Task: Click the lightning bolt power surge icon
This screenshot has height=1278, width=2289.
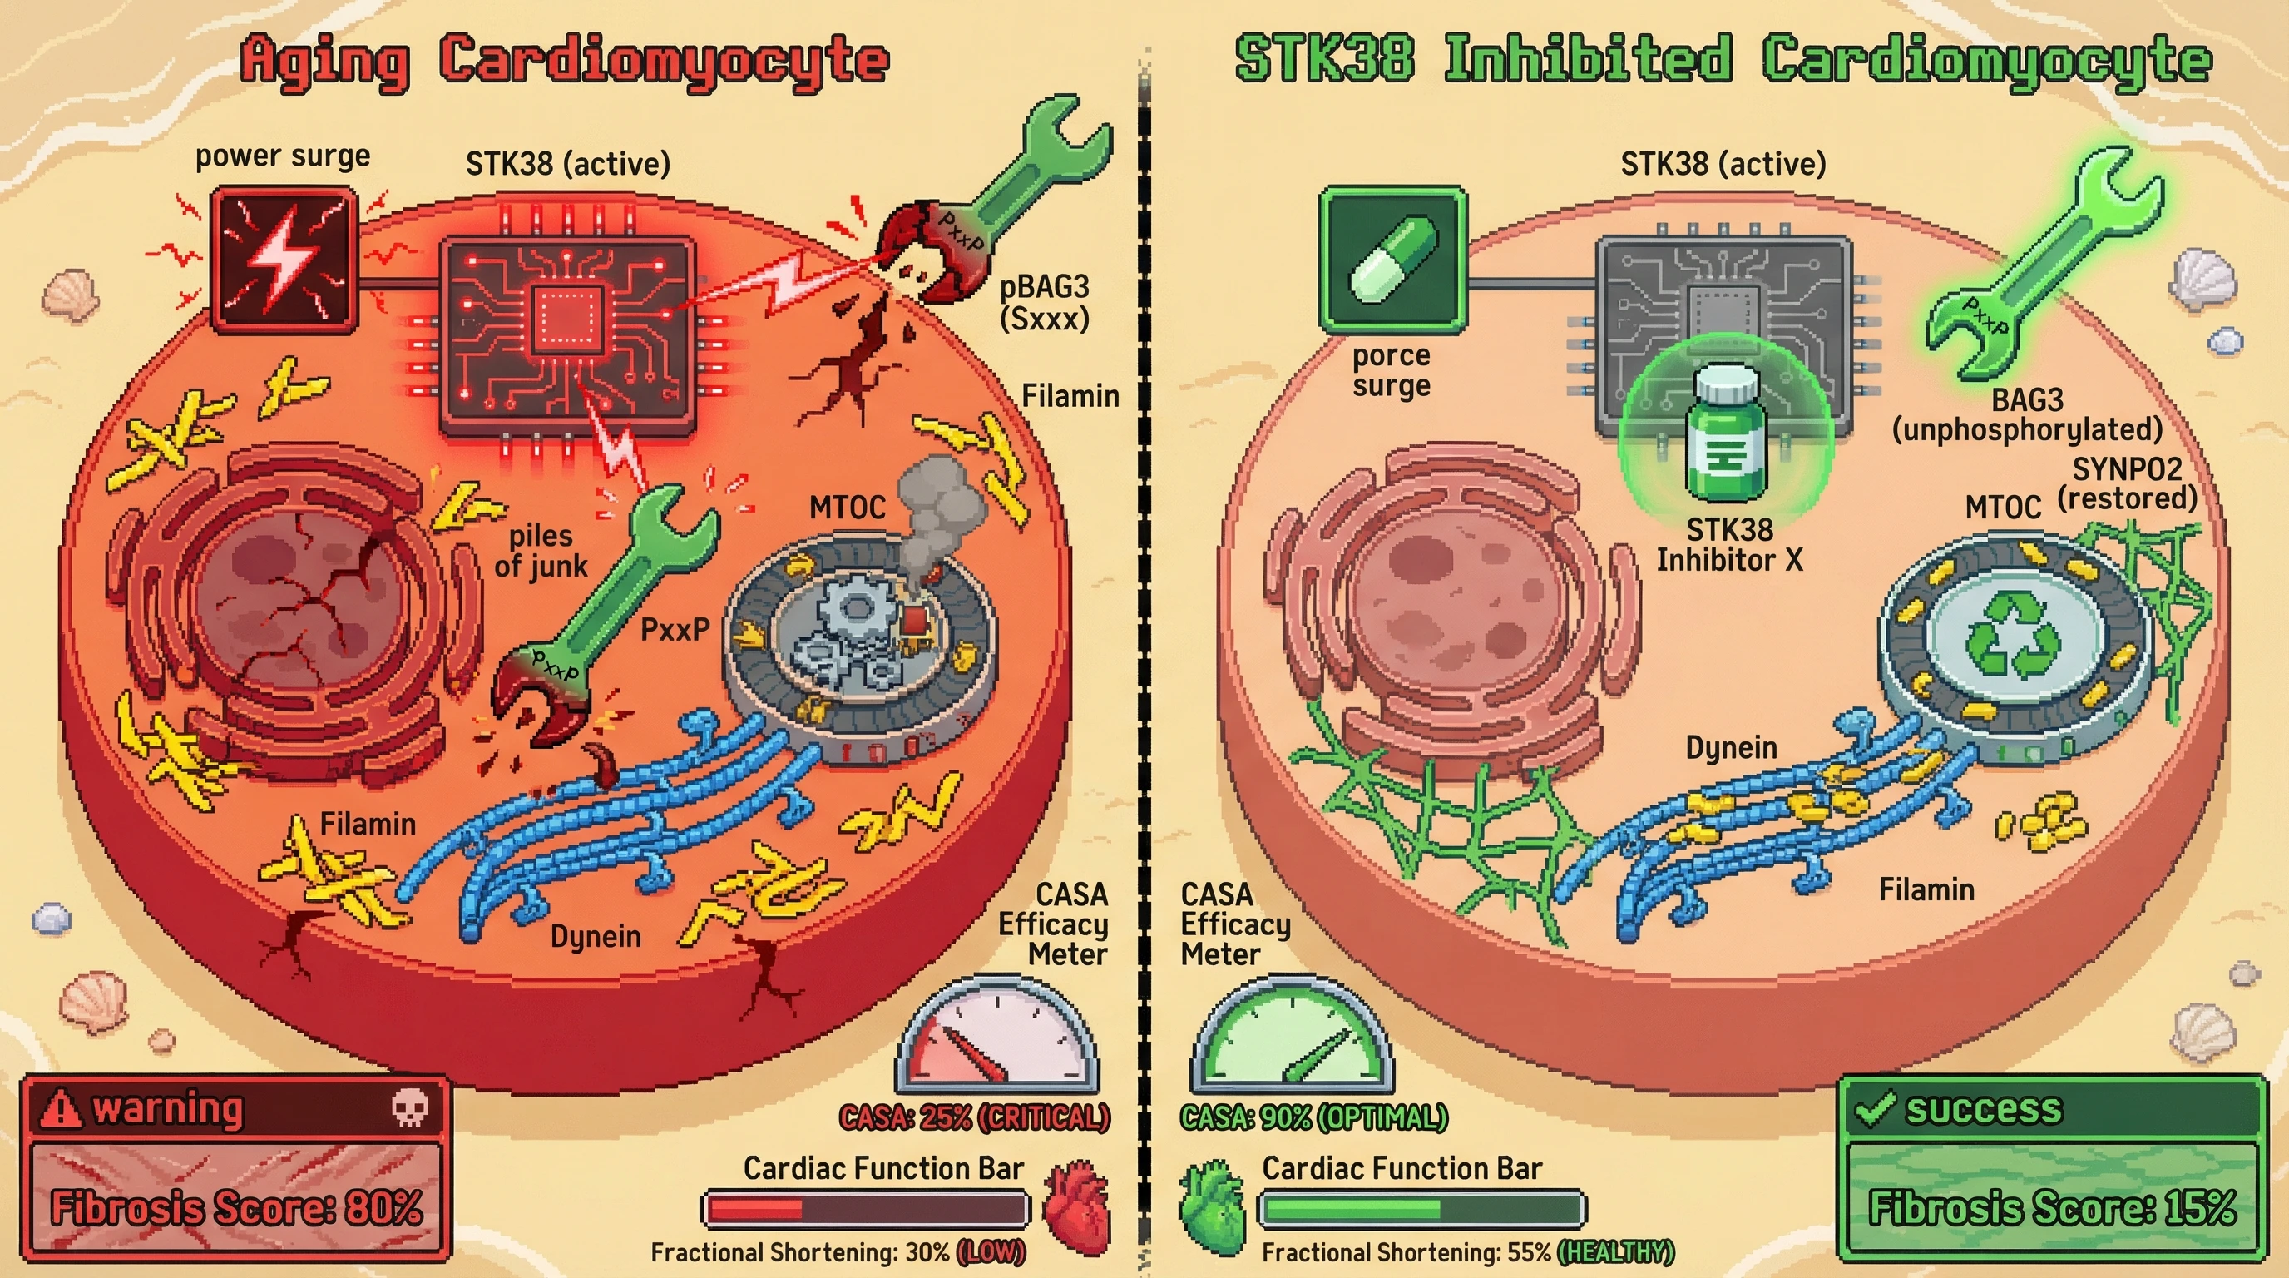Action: tap(284, 259)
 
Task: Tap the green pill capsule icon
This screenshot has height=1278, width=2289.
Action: tap(1392, 260)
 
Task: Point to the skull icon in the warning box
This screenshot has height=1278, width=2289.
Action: tap(409, 1107)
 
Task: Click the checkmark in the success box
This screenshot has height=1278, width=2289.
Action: tap(1875, 1108)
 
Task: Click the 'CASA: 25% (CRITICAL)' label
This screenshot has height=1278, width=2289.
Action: tap(974, 1117)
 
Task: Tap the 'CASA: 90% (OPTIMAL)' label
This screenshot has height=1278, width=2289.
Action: tap(1313, 1117)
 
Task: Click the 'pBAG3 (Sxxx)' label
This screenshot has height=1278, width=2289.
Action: tap(1044, 302)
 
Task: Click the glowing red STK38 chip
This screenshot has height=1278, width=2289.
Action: tap(568, 336)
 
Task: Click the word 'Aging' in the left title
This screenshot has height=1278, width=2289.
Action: tap(326, 61)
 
